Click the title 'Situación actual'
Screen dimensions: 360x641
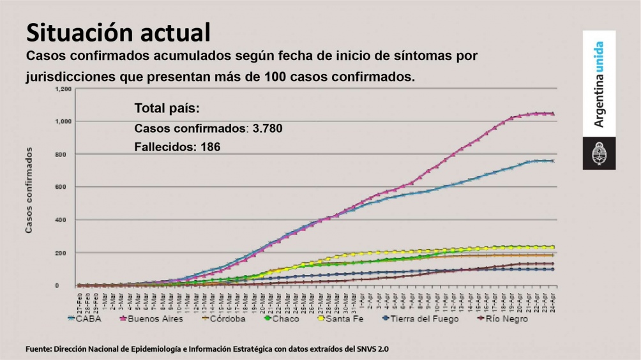pyautogui.click(x=118, y=32)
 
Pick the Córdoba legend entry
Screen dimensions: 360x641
pyautogui.click(x=224, y=319)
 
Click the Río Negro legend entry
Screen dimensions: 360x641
pyautogui.click(x=503, y=319)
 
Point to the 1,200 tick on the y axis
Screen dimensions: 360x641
pyautogui.click(x=63, y=89)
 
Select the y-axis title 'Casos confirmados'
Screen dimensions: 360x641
pyautogui.click(x=29, y=190)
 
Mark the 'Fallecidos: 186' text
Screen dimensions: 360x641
pyautogui.click(x=177, y=147)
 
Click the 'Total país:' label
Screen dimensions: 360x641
pyautogui.click(x=167, y=108)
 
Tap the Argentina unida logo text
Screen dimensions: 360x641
pyautogui.click(x=599, y=84)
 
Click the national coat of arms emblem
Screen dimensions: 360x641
pyautogui.click(x=599, y=153)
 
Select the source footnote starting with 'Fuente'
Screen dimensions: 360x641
pyautogui.click(x=207, y=349)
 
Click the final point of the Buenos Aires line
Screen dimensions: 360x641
pyautogui.click(x=552, y=114)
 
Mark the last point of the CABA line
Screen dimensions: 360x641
pyautogui.click(x=552, y=161)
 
